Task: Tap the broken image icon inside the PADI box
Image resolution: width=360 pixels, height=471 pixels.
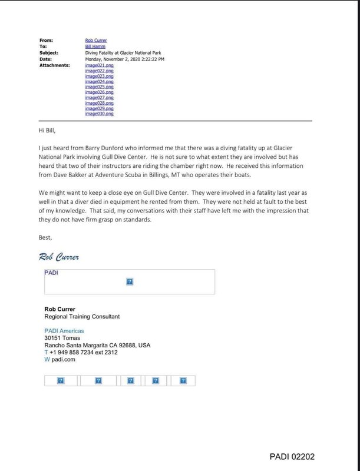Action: click(x=129, y=282)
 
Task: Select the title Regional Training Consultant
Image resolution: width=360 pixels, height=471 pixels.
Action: click(x=82, y=316)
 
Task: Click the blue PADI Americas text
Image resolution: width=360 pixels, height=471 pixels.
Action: click(x=64, y=331)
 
